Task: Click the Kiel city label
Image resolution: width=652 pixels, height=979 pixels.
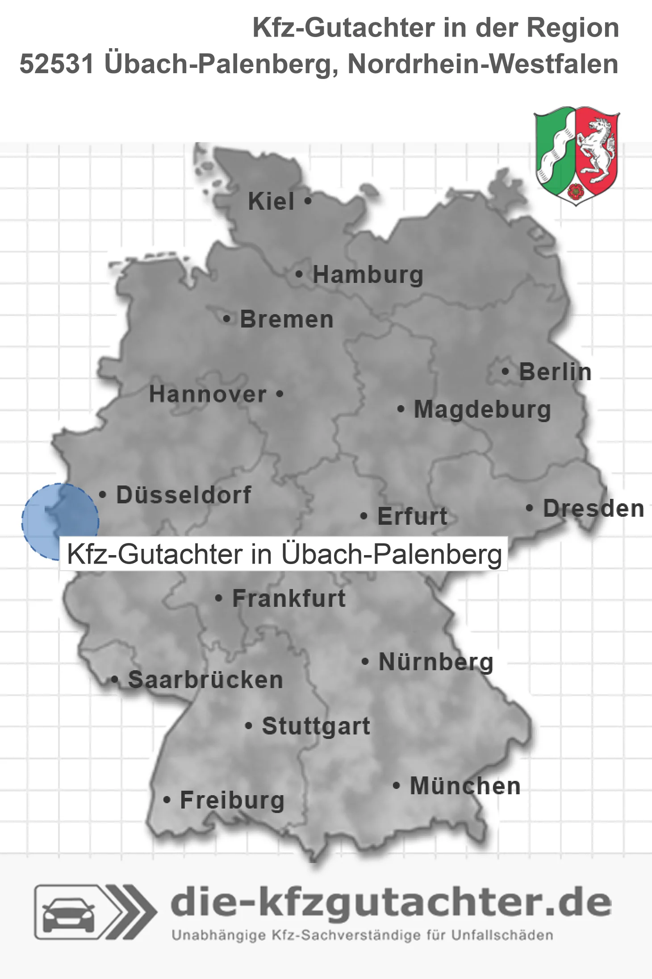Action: tap(271, 201)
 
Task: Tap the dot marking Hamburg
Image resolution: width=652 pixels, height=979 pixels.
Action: tap(299, 274)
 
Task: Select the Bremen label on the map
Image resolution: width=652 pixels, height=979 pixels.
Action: tap(287, 319)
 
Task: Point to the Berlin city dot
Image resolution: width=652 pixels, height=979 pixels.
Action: tap(505, 371)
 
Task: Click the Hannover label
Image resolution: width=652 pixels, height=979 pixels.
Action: tap(208, 394)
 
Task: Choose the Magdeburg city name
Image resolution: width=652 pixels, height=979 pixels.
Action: tap(482, 410)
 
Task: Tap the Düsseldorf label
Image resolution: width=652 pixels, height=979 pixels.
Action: tap(184, 495)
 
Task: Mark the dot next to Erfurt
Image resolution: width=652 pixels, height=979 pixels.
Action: tap(364, 516)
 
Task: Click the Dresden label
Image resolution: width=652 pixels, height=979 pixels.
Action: tap(593, 509)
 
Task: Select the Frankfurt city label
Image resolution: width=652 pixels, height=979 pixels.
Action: tap(289, 598)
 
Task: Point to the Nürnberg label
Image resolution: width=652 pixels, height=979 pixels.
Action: tap(436, 662)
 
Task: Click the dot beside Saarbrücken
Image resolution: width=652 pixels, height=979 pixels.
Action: tap(115, 680)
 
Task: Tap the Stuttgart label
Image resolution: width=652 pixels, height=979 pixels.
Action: tap(316, 726)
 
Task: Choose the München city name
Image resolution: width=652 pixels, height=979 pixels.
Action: tap(465, 786)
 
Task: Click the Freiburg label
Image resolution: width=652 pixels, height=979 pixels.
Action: tap(232, 801)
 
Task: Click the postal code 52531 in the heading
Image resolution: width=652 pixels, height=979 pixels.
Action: tap(57, 64)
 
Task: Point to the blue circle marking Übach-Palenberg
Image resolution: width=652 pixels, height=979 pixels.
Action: tap(60, 521)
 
